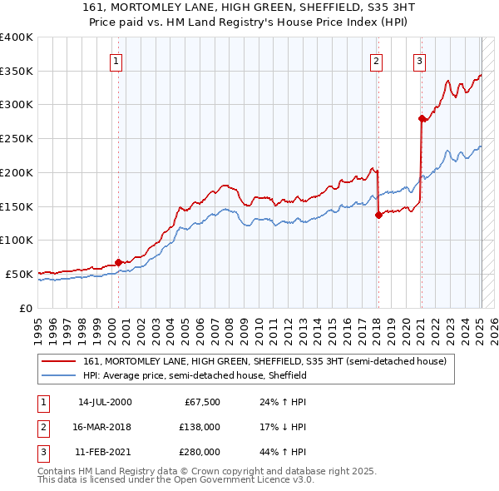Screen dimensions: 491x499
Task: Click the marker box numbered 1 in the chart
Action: (116, 60)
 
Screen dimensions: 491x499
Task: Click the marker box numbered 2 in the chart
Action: (377, 60)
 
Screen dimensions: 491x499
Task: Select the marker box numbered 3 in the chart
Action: (419, 60)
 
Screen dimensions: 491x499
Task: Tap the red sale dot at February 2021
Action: (422, 118)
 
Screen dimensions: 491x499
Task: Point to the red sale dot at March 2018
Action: (378, 214)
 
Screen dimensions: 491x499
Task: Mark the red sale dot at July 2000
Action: (118, 261)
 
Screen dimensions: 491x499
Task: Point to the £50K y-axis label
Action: (19, 274)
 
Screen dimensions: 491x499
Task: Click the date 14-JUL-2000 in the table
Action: (105, 402)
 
